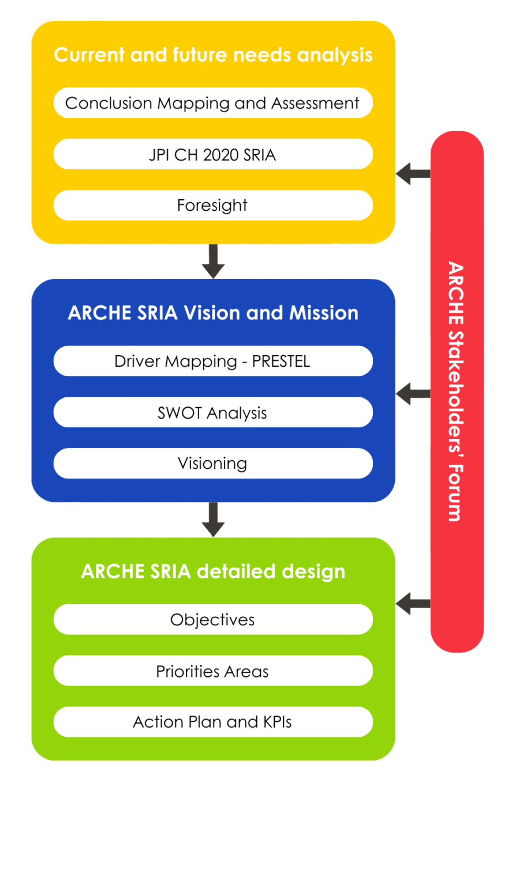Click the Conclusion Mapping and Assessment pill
212,103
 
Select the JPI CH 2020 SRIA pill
212,154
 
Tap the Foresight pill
212,206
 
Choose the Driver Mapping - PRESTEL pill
212,361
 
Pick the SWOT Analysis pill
212,412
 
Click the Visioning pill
212,464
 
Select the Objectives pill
212,620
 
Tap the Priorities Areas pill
212,671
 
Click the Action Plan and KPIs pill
212,722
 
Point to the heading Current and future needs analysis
213,55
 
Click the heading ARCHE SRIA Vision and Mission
213,313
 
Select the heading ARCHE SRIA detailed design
213,571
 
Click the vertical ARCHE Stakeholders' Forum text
456,392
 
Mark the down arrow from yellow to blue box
213,262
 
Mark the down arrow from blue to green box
213,519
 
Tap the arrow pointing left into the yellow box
413,173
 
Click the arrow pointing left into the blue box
413,394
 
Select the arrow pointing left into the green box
413,604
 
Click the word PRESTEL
281,361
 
